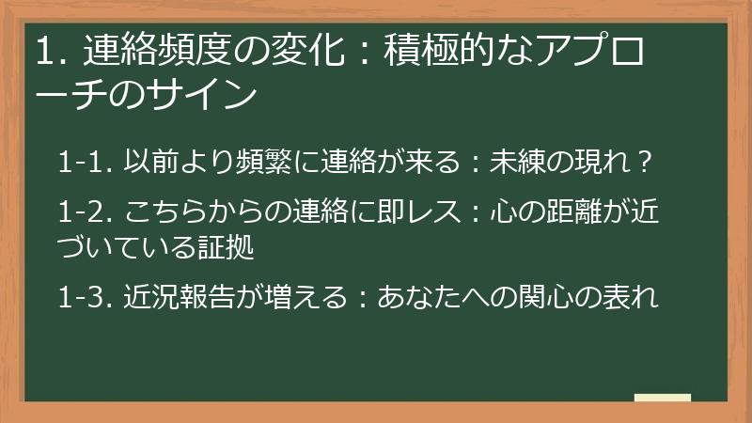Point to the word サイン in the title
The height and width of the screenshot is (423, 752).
click(210, 94)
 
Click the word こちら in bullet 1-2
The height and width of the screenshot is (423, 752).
click(159, 207)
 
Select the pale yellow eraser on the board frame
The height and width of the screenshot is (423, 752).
click(663, 398)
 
